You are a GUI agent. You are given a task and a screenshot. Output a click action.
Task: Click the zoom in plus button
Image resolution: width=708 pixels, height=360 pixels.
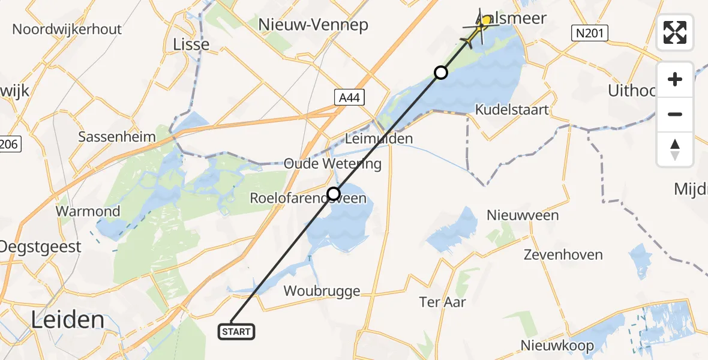[x=675, y=79]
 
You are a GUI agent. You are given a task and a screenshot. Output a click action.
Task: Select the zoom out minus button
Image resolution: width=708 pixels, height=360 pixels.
[x=675, y=114]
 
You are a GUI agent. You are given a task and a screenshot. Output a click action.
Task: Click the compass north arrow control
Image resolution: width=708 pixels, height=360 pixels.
[x=675, y=149]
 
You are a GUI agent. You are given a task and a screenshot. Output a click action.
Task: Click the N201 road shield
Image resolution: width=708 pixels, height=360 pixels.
[x=589, y=34]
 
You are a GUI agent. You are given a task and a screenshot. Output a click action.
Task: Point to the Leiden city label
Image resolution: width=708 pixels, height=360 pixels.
[x=67, y=320]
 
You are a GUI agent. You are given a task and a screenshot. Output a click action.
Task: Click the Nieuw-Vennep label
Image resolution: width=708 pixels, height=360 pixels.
[x=313, y=25]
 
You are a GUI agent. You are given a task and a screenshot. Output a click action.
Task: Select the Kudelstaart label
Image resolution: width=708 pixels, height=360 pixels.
[x=512, y=110]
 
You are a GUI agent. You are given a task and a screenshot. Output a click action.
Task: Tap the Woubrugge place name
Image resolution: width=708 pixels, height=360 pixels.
[x=322, y=292]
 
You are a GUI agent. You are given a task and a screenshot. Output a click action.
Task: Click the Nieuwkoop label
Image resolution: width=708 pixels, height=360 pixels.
[x=557, y=346]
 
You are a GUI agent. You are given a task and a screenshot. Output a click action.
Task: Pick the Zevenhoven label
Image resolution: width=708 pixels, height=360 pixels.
[x=563, y=255]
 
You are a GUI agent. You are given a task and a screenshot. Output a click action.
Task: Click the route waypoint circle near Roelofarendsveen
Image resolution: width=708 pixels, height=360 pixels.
[x=334, y=193]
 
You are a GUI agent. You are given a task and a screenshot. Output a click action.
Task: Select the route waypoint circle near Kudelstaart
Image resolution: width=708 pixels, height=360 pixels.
[x=441, y=73]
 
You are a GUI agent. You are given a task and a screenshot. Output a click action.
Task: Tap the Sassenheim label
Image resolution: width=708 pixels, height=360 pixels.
[x=118, y=137]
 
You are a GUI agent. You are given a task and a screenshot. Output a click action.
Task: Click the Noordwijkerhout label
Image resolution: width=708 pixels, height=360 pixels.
[x=67, y=29]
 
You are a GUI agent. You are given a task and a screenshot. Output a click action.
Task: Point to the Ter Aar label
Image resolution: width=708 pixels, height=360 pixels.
[x=443, y=302]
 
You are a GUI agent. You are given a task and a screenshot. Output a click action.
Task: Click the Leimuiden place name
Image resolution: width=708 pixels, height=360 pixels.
[x=379, y=139]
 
